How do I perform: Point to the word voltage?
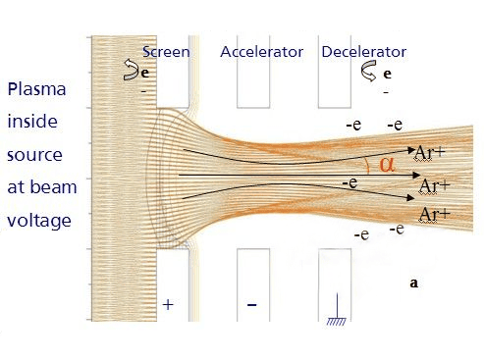click(39, 221)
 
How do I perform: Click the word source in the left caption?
click(36, 156)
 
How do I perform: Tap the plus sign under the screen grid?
click(168, 305)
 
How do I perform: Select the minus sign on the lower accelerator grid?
click(252, 305)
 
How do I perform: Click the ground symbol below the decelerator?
click(337, 315)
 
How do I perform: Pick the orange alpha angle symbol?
click(386, 164)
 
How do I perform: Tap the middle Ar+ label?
click(434, 184)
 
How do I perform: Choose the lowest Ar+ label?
click(434, 213)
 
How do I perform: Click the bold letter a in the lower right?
click(413, 283)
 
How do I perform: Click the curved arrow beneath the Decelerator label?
click(370, 71)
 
